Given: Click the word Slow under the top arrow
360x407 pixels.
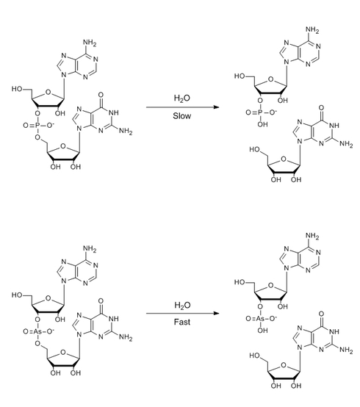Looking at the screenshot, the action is tap(182, 116).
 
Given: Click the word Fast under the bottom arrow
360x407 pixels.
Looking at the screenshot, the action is tap(182, 322).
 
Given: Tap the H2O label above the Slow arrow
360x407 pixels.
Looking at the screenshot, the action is tap(182, 98).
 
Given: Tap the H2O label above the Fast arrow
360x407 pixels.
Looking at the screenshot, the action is tap(182, 306).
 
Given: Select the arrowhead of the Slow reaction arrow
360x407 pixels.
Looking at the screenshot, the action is tap(216, 107).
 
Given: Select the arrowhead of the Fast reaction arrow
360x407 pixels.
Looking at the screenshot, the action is tap(216, 313).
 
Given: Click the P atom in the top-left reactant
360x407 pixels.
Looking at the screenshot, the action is tap(37, 126).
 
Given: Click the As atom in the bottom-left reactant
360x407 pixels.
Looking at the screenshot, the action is tap(37, 331).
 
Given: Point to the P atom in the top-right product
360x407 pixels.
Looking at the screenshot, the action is tap(260, 112).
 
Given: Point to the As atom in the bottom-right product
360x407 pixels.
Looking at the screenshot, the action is tap(260, 319).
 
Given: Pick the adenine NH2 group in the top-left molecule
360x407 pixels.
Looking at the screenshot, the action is tap(90, 43).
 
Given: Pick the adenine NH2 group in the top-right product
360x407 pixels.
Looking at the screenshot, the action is tap(312, 29).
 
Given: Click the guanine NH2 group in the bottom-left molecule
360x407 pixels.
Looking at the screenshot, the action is tap(126, 337).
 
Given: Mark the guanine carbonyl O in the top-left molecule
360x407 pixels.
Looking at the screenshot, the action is tap(101, 95).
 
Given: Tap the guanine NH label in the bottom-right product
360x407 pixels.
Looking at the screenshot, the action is tap(334, 331).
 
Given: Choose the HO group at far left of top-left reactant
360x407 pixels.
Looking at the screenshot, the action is tap(17, 89).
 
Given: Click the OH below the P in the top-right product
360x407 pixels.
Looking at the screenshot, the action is tap(263, 125).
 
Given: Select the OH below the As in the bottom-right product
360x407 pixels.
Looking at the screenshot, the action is tap(263, 331).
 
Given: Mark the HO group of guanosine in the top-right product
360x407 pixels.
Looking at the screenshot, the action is tap(255, 150).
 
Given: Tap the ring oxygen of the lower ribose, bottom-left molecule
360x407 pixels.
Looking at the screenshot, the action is tap(63, 352).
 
